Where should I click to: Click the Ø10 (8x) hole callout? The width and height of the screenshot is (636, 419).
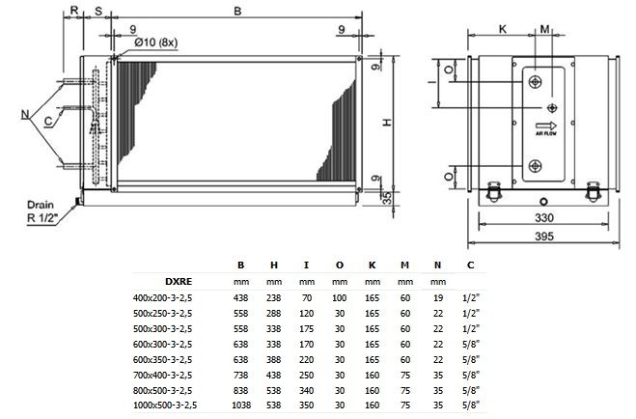coord(155,41)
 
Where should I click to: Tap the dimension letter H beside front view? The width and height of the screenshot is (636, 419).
coord(385,124)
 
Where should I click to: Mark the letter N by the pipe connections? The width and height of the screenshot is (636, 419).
coord(24,116)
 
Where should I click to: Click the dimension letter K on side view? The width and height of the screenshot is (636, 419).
coord(503,30)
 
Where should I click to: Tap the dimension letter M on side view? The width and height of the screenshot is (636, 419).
coord(545,30)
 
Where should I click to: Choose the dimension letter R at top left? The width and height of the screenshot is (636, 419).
coord(75,10)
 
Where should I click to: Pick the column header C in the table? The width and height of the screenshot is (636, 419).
coord(470,264)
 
